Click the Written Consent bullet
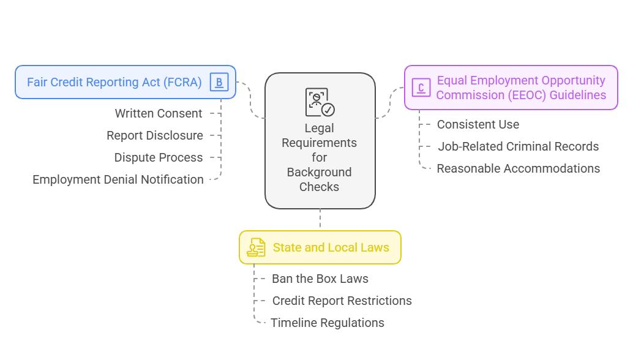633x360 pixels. point(159,113)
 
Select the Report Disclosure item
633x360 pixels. point(154,135)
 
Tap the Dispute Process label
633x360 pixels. point(158,157)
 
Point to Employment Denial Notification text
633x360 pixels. point(118,179)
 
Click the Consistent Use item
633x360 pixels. point(478,124)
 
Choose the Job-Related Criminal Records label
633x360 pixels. point(518,146)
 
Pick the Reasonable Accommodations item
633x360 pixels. point(518,168)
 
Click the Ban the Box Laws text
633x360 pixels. point(320,279)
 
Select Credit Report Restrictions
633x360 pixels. point(342,301)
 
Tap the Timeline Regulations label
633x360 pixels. point(328,323)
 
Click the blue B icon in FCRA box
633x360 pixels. point(219,82)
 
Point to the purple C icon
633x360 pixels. point(421,88)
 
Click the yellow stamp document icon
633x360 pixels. point(256,247)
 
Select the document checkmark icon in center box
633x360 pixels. point(320,102)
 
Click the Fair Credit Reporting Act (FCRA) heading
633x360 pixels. point(114,82)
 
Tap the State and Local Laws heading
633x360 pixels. point(331,247)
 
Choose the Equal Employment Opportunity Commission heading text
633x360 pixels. point(521,88)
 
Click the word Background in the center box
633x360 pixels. point(319,172)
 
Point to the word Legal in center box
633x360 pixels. point(319,128)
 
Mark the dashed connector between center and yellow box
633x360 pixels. point(320,219)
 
